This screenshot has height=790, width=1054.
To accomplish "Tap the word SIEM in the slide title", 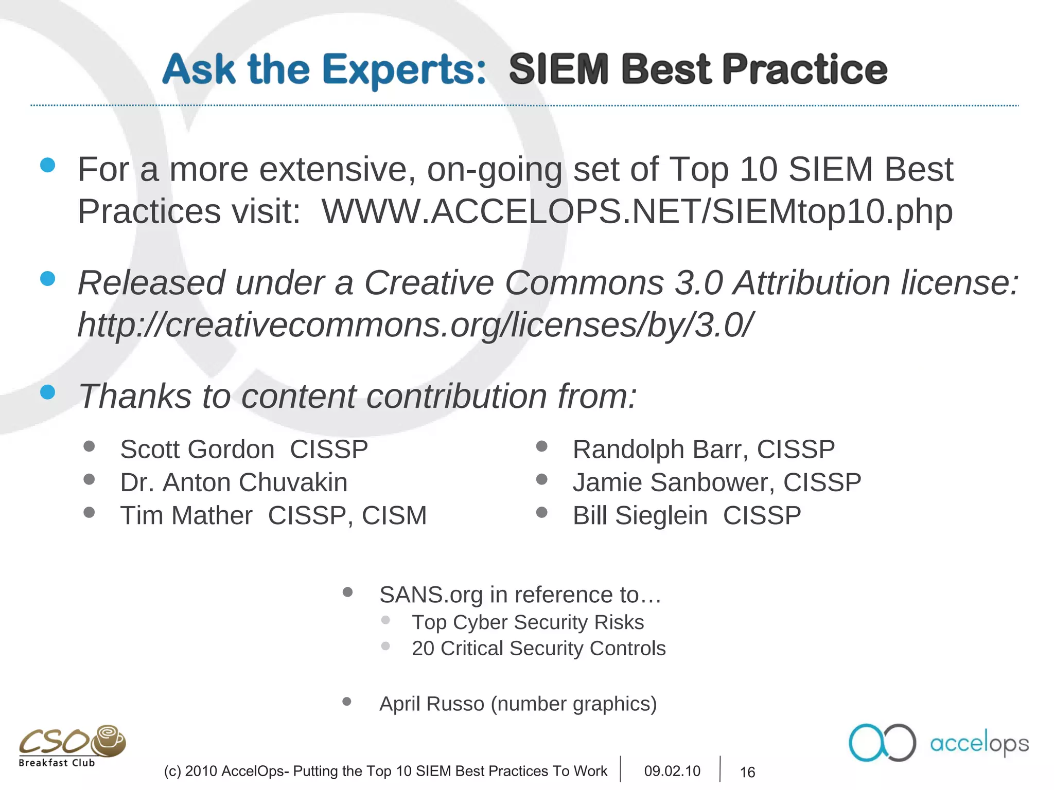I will [x=559, y=70].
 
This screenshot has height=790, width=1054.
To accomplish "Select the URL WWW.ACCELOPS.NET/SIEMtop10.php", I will [x=637, y=211].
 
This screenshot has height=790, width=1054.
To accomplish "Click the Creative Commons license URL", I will [x=415, y=325].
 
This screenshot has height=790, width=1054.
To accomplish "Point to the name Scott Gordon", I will [x=197, y=450].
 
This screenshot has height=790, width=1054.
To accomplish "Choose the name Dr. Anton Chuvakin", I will [x=234, y=482].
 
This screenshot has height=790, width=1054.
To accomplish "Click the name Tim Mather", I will [x=186, y=515].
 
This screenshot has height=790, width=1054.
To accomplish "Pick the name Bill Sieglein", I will [x=640, y=515].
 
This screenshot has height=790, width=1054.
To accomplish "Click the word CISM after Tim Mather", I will [x=394, y=515].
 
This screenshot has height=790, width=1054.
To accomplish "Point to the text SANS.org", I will [x=431, y=595].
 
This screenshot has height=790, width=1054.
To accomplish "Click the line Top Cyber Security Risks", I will [x=528, y=622].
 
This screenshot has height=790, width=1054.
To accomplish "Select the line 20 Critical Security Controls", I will [x=538, y=649].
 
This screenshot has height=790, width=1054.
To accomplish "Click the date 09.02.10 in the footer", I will [x=672, y=771].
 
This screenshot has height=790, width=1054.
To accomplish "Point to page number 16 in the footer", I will [x=747, y=772].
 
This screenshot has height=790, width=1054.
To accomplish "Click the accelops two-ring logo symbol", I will [x=882, y=742].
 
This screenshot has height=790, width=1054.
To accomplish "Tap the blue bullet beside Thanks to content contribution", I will [x=47, y=392].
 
